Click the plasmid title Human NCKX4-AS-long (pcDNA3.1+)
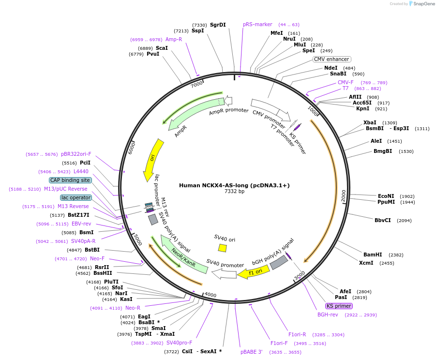234,185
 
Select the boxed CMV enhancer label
332,60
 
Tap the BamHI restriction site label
373,255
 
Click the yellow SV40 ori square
222,248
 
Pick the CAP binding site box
70,180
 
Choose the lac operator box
75,197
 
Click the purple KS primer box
339,306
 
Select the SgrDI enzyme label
218,25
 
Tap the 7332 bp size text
234,192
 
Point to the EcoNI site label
386,195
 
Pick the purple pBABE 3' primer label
251,352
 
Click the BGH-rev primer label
328,315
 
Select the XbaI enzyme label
370,122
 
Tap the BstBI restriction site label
92,250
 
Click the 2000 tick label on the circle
343,195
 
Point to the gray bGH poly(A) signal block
279,263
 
